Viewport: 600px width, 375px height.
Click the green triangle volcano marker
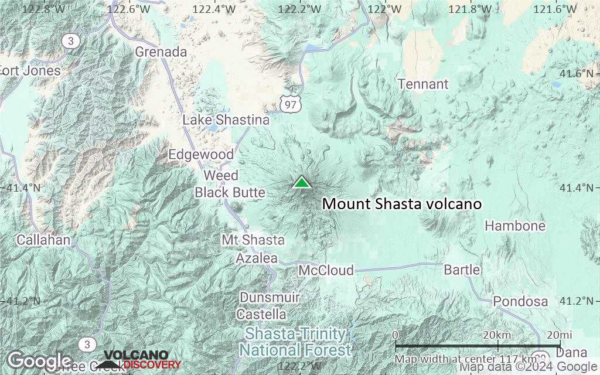[x=302, y=182]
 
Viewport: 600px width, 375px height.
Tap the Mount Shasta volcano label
[x=402, y=204]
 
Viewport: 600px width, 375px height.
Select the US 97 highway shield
[x=291, y=104]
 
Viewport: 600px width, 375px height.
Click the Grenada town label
[x=161, y=52]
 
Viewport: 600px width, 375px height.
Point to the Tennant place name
[x=423, y=84]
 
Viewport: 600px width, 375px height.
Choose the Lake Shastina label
[x=226, y=120]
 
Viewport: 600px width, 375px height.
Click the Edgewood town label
[x=201, y=155]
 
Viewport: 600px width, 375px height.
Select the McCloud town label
[x=326, y=270]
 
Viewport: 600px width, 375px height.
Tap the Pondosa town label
[x=520, y=301]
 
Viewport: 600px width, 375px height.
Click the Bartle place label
[x=462, y=270]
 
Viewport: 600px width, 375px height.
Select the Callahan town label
[x=43, y=240]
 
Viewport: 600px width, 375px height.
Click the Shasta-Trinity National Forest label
[x=295, y=342]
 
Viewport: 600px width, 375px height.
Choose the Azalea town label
[x=257, y=258]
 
